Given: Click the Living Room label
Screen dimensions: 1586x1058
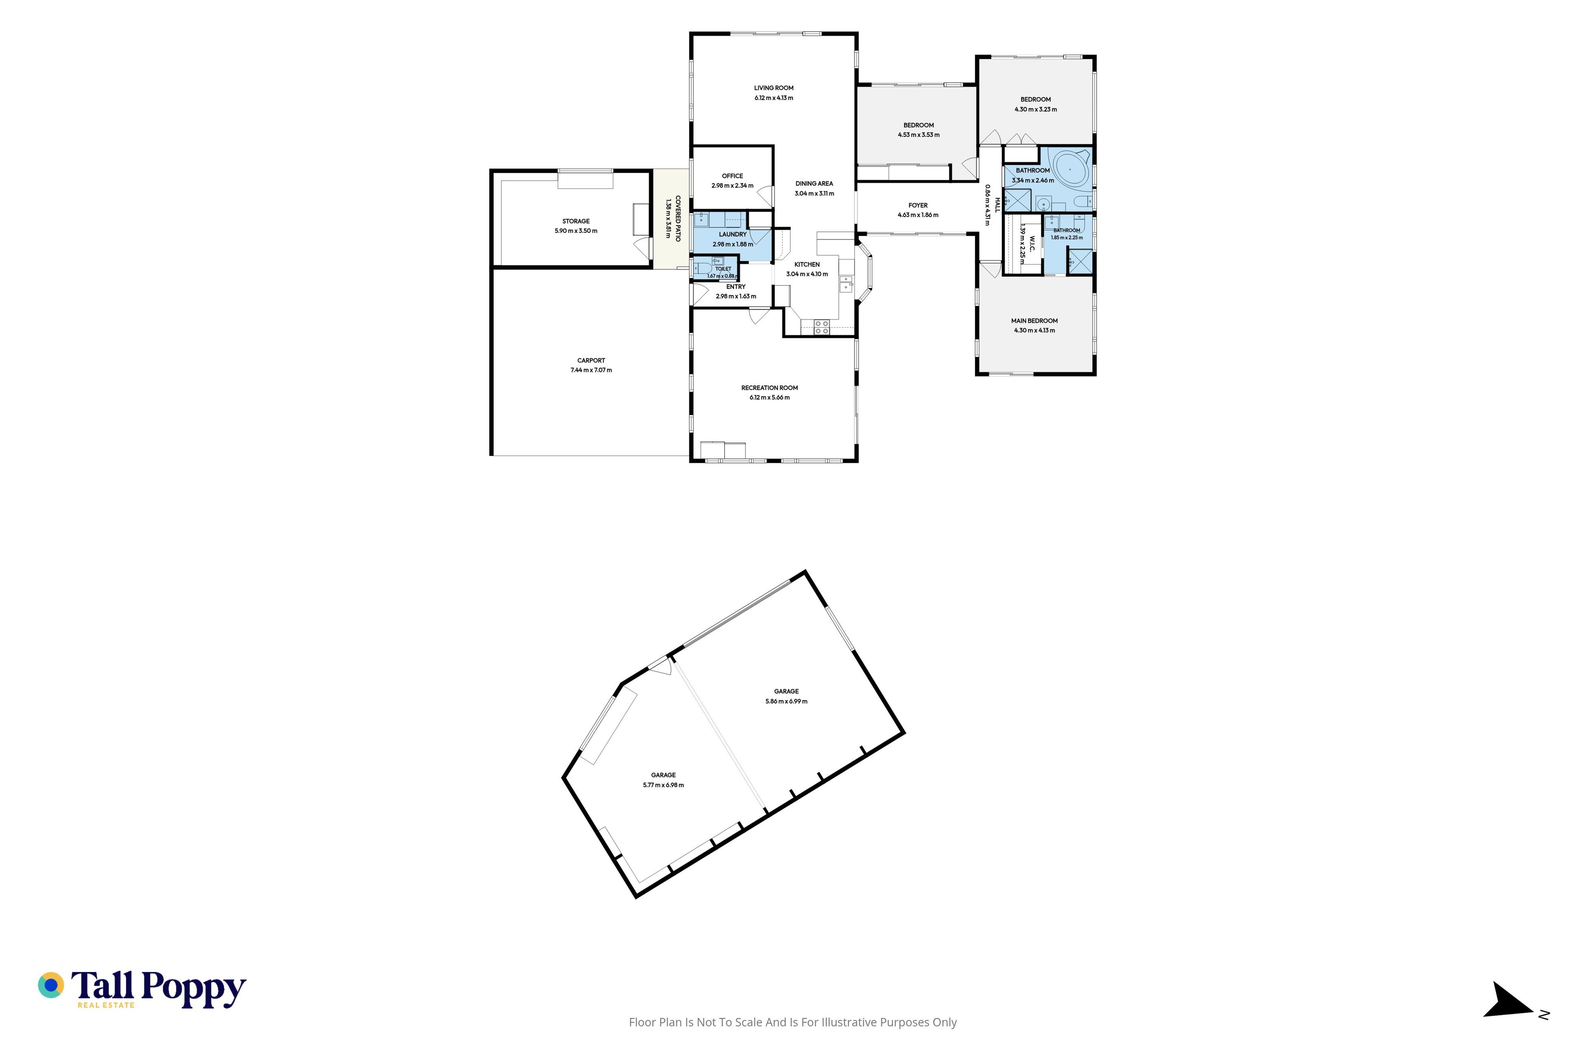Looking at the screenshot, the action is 774,88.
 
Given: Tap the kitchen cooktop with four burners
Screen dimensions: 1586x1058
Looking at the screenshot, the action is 821,327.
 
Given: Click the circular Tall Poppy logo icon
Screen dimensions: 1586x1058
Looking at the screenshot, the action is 50,985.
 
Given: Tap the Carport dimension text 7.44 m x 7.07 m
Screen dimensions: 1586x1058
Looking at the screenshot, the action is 591,370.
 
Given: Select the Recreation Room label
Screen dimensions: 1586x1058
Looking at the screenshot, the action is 769,388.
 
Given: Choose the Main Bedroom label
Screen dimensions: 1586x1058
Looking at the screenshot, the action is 1034,321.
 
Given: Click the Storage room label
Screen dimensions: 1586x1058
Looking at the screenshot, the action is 576,222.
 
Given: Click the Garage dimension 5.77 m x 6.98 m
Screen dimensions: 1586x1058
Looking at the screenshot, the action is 664,785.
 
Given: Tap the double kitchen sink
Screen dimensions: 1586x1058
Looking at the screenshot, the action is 845,284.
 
